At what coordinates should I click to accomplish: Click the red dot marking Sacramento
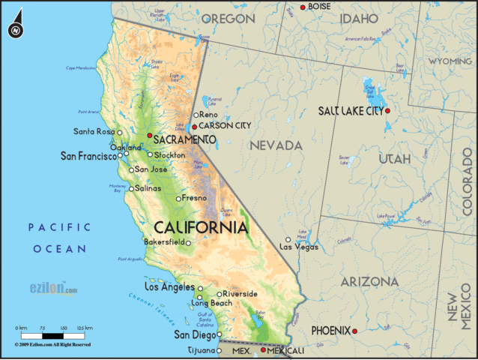coord(150,136)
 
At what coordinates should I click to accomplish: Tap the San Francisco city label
coord(88,157)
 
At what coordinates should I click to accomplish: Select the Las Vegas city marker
coord(288,240)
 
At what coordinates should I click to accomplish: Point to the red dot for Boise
coord(303,7)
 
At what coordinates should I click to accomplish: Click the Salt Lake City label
coord(349,111)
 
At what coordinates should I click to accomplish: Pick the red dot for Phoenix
coord(355,331)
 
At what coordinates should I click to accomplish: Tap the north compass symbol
coord(15,31)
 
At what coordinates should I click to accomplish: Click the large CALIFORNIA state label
coord(200,226)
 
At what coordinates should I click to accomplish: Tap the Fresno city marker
coord(178,199)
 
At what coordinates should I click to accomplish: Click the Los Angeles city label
coord(169,287)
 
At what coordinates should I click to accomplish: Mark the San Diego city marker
coord(219,334)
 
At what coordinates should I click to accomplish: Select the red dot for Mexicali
coord(263,349)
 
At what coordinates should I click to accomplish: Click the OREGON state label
coord(229,19)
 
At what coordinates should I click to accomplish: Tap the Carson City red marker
coord(195,127)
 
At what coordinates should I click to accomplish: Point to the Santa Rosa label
coord(94,132)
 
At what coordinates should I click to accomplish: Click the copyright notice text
coord(52,344)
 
